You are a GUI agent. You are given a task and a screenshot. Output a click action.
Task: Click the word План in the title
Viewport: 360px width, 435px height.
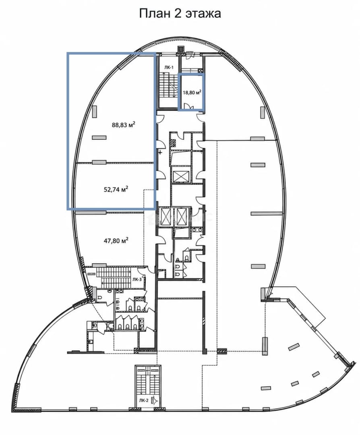tap(154, 13)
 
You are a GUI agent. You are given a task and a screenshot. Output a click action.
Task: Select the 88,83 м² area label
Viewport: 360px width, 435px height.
tap(123, 124)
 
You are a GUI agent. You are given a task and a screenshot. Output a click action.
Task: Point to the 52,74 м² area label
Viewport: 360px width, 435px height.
tap(116, 189)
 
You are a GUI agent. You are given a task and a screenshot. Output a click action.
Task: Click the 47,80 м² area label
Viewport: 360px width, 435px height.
tap(116, 240)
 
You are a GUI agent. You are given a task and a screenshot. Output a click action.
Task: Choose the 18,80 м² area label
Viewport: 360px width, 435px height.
tap(192, 92)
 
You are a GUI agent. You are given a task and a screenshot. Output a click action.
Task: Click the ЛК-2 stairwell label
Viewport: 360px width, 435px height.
tap(144, 400)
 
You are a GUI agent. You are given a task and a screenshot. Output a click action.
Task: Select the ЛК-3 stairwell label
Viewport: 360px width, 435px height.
tap(137, 280)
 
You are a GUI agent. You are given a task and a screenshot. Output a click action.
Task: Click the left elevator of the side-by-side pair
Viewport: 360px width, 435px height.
tap(166, 216)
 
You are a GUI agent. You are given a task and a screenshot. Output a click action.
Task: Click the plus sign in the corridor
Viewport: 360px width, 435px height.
tap(160, 152)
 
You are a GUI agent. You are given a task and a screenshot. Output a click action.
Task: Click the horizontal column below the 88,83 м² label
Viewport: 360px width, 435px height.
tap(99, 137)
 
